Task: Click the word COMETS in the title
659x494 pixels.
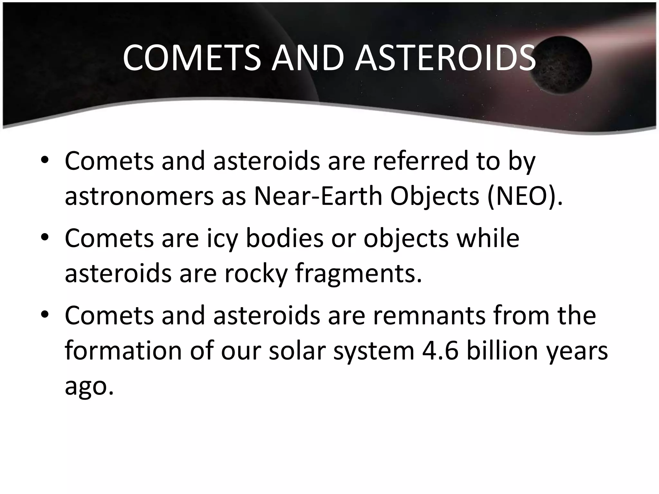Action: pyautogui.click(x=192, y=58)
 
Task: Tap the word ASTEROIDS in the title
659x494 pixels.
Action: pyautogui.click(x=445, y=58)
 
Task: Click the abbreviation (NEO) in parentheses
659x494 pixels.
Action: pyautogui.click(x=524, y=196)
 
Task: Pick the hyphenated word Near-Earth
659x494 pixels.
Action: pyautogui.click(x=318, y=196)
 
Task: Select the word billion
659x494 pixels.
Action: pyautogui.click(x=502, y=351)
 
